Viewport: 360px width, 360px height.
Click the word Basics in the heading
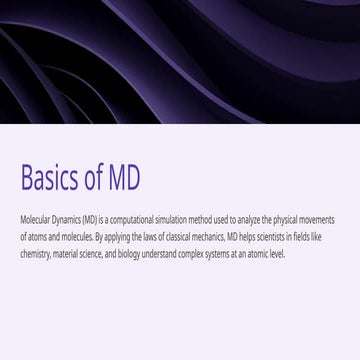52,177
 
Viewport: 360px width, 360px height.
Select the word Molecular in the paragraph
33,219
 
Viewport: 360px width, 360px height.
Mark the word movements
317,219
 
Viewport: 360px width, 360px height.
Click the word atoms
37,237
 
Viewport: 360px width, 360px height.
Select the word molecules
75,237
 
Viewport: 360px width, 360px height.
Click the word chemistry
35,255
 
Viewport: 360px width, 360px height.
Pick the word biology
131,255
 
